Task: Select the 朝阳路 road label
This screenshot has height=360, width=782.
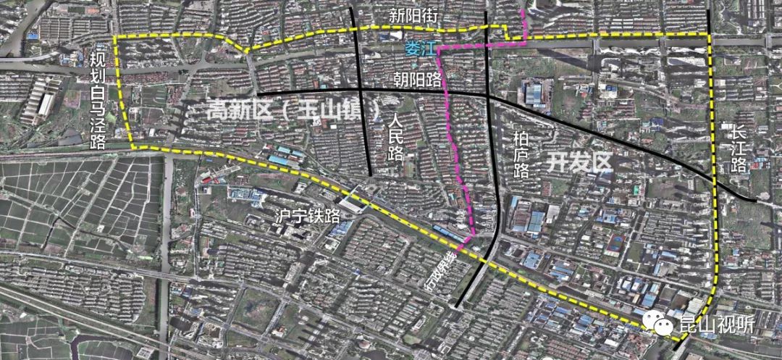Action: click(417, 77)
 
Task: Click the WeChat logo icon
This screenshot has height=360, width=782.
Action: click(661, 325)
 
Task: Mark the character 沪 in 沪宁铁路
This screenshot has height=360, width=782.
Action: click(266, 215)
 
